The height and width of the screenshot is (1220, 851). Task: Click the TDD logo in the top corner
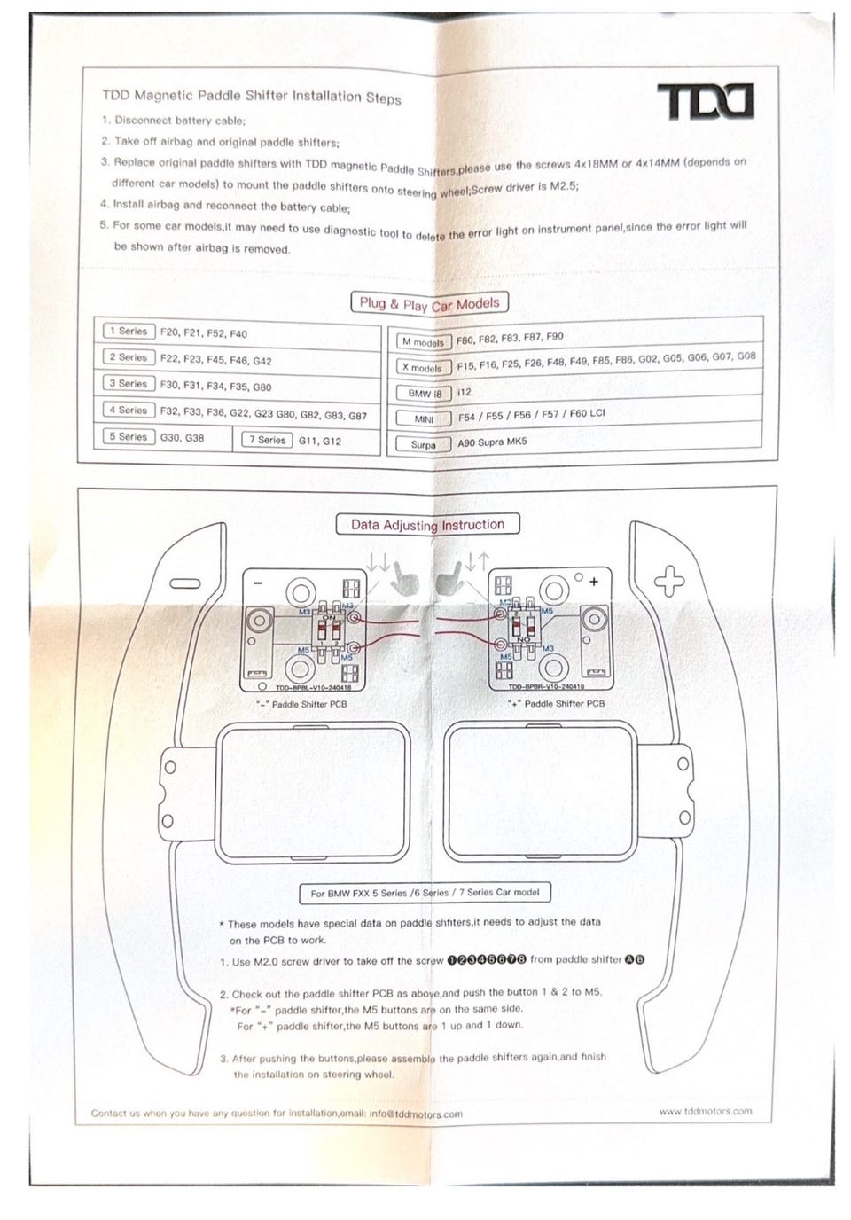(705, 101)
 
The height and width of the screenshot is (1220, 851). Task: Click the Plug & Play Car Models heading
(430, 303)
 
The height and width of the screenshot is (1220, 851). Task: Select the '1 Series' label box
(129, 332)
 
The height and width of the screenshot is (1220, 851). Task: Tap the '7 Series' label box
(267, 440)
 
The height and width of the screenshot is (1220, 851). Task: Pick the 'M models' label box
(423, 342)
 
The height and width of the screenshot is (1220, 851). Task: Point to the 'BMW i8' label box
(425, 393)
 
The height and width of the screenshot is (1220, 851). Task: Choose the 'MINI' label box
(424, 418)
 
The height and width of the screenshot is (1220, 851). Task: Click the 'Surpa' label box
(423, 444)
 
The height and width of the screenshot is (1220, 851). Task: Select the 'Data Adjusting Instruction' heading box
(427, 525)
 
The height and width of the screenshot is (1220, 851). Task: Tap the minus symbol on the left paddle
(187, 583)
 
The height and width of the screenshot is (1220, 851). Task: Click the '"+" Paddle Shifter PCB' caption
(556, 703)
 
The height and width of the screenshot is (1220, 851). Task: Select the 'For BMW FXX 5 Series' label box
(425, 893)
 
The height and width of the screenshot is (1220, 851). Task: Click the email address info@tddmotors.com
(416, 1114)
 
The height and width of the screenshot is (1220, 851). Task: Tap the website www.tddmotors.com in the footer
(705, 1111)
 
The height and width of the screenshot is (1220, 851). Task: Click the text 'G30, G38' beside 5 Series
(182, 438)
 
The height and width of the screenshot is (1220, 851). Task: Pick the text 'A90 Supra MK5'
(492, 442)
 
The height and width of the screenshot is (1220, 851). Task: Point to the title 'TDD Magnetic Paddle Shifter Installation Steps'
(252, 96)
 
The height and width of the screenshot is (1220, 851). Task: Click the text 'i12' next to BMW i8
(465, 392)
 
